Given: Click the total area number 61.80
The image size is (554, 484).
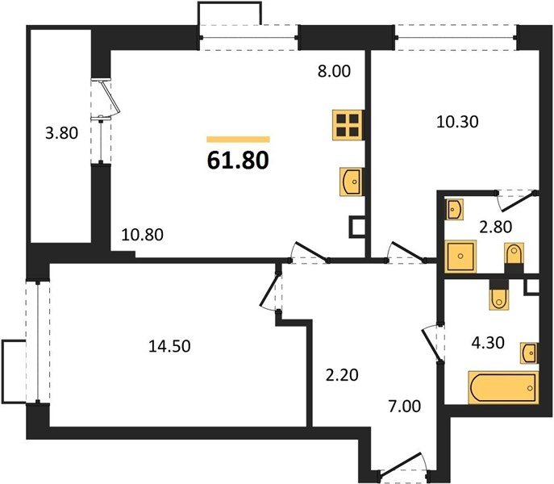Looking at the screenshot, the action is (x=238, y=161).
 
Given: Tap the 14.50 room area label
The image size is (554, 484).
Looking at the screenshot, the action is (x=169, y=346).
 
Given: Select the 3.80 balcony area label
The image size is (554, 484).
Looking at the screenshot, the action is (x=61, y=133).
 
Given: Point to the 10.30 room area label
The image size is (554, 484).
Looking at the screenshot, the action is (x=457, y=122).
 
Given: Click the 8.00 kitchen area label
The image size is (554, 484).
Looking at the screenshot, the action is (x=334, y=71).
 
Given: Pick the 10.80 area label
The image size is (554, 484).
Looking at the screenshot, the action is (x=143, y=235).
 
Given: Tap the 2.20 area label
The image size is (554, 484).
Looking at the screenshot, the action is (x=342, y=375).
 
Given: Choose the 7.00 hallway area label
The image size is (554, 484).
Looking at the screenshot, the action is (x=405, y=407).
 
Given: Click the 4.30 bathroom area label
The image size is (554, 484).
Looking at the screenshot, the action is (x=489, y=343).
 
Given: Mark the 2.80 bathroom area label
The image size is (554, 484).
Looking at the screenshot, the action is (x=495, y=227).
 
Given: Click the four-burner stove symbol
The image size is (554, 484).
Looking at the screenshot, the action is (x=348, y=125).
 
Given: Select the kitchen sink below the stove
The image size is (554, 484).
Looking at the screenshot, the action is (x=352, y=181).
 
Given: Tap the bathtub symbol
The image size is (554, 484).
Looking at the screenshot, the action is (x=503, y=387).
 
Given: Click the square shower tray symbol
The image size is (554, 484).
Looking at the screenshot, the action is (x=460, y=257).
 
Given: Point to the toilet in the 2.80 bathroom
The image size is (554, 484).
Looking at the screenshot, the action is (x=514, y=254).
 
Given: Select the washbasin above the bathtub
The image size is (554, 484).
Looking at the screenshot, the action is (x=529, y=353).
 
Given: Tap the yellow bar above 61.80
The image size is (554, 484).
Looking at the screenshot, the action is (x=238, y=140).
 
